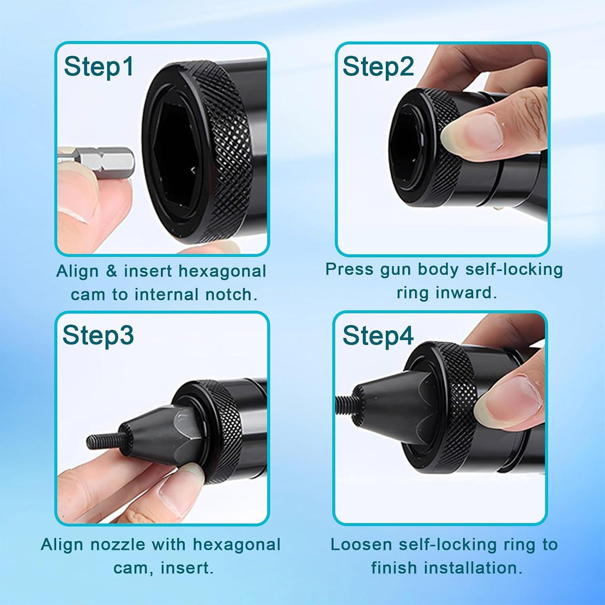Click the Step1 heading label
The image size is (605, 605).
[99, 66]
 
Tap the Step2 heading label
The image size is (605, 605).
[378, 66]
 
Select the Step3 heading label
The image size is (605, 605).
[98, 335]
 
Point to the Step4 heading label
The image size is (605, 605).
[378, 335]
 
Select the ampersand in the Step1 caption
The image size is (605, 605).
[111, 271]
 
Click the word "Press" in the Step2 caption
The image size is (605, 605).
[349, 269]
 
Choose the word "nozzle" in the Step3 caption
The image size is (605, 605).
[118, 545]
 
